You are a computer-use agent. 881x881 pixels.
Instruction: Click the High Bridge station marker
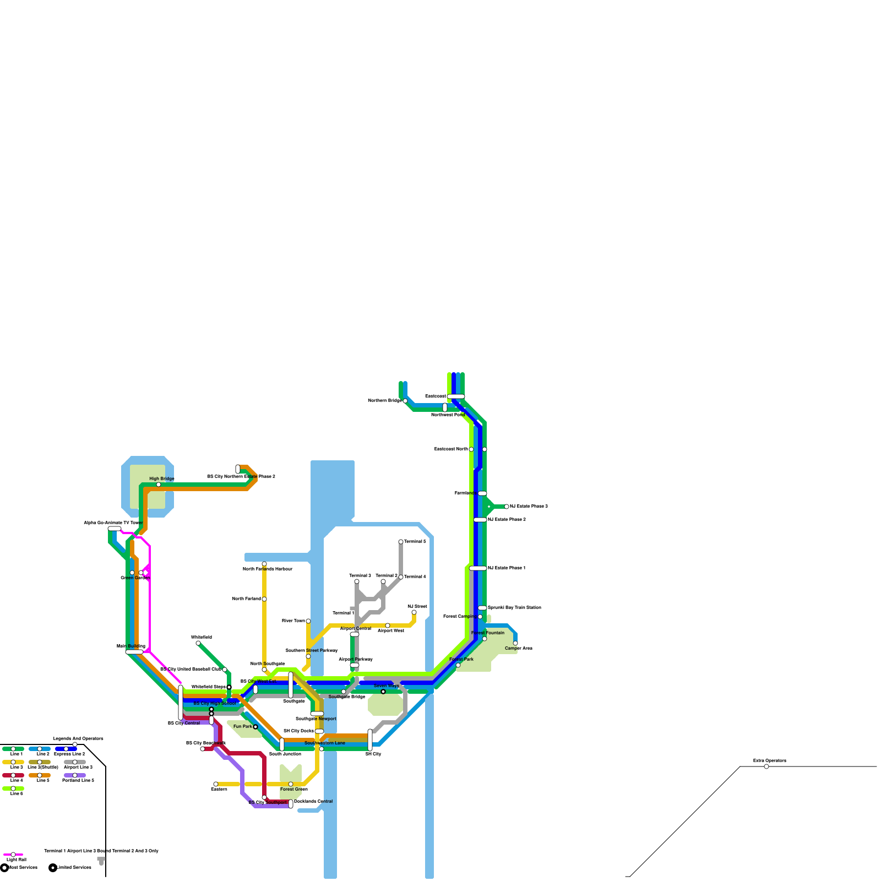(159, 485)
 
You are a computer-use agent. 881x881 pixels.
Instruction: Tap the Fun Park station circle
(255, 727)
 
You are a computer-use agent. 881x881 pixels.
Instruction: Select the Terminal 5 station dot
(401, 542)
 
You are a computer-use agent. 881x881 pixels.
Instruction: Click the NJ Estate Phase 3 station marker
(507, 507)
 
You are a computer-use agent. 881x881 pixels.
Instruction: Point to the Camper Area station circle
(515, 643)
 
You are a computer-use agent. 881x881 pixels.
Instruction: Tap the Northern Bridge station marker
(405, 401)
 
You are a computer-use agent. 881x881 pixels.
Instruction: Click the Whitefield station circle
(198, 643)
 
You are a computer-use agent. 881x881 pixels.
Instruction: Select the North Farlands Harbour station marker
(264, 564)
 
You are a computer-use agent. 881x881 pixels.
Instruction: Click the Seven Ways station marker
(383, 692)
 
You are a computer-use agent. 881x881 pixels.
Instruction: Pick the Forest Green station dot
(291, 784)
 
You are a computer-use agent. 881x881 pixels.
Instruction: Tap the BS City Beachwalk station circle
(203, 749)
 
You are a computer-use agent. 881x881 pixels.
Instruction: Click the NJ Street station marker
(414, 612)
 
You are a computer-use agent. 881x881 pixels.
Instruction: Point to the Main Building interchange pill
(134, 652)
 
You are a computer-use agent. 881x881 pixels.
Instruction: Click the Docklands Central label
(313, 801)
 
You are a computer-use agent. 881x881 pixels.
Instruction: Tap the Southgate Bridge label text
(347, 697)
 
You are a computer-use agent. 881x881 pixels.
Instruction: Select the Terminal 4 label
(415, 577)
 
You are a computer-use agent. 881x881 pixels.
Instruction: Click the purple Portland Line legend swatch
(75, 775)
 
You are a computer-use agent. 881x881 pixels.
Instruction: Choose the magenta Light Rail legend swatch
(13, 855)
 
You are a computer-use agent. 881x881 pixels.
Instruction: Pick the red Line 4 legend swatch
(13, 775)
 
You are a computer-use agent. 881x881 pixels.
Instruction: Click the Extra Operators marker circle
(766, 766)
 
